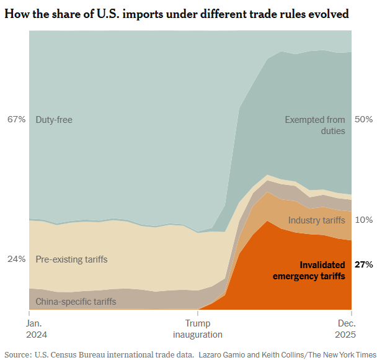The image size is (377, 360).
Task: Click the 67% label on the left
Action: coord(16,119)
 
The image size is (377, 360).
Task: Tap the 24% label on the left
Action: coord(16,259)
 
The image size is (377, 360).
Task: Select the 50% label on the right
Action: coord(363,119)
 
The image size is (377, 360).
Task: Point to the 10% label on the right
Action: coord(363,220)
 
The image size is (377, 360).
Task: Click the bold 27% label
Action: coord(363,264)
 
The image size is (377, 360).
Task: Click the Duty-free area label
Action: coord(54,119)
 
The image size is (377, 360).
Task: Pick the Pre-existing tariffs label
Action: coord(71,259)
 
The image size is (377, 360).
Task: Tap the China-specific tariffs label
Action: coord(76,302)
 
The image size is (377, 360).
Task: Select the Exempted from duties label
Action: coord(315,125)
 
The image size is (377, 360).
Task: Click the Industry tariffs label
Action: coord(317,220)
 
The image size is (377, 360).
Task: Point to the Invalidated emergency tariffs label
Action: coord(309,270)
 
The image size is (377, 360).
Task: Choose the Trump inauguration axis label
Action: coord(198,329)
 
